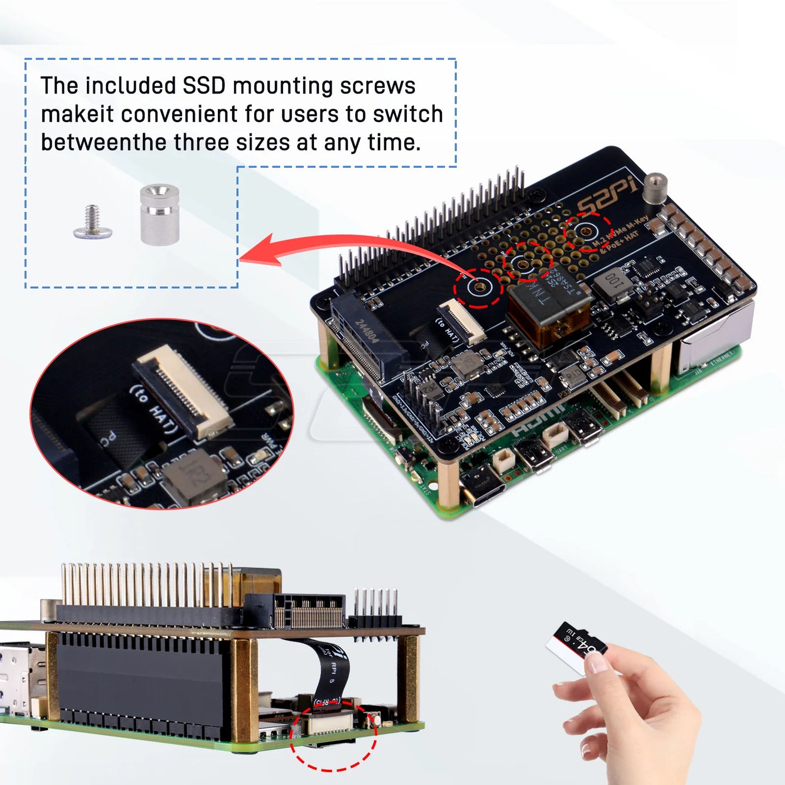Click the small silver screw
(92, 223)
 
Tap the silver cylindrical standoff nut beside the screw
(159, 214)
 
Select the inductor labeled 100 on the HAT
(613, 283)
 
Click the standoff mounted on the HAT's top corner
(655, 189)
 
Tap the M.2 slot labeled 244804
(365, 337)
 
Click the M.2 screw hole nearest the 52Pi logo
(586, 232)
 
